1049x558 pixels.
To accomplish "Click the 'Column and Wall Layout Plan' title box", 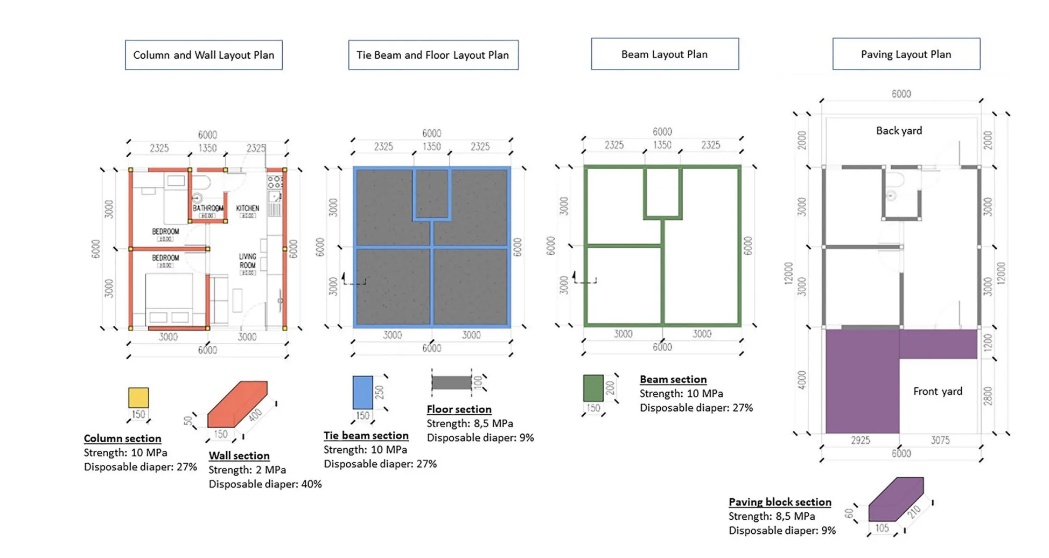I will (204, 55).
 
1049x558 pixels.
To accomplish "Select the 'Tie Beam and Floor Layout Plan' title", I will (433, 55).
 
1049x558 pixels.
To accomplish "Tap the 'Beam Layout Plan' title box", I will (665, 54).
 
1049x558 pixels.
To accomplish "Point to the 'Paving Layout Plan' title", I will (906, 54).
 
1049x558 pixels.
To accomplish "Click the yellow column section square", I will (138, 397).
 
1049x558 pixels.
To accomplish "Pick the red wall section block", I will (237, 404).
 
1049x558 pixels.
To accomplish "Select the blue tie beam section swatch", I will (362, 393).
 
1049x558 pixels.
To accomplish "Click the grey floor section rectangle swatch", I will (451, 383).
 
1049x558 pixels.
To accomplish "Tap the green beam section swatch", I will (593, 388).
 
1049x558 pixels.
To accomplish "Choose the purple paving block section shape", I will (896, 499).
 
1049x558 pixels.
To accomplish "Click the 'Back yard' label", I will (899, 131).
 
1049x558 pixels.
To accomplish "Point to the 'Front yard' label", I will (938, 392).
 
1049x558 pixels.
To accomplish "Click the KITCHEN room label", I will (248, 208).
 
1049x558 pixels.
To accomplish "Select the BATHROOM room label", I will (208, 208).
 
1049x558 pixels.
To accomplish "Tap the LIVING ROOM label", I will (248, 261).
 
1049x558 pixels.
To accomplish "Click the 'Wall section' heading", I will (239, 456).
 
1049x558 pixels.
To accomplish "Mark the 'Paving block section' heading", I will (780, 502).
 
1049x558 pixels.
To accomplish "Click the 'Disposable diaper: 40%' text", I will (265, 484).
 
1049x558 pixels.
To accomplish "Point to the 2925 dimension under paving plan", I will (860, 441).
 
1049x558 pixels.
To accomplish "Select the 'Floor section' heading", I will (459, 409).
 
